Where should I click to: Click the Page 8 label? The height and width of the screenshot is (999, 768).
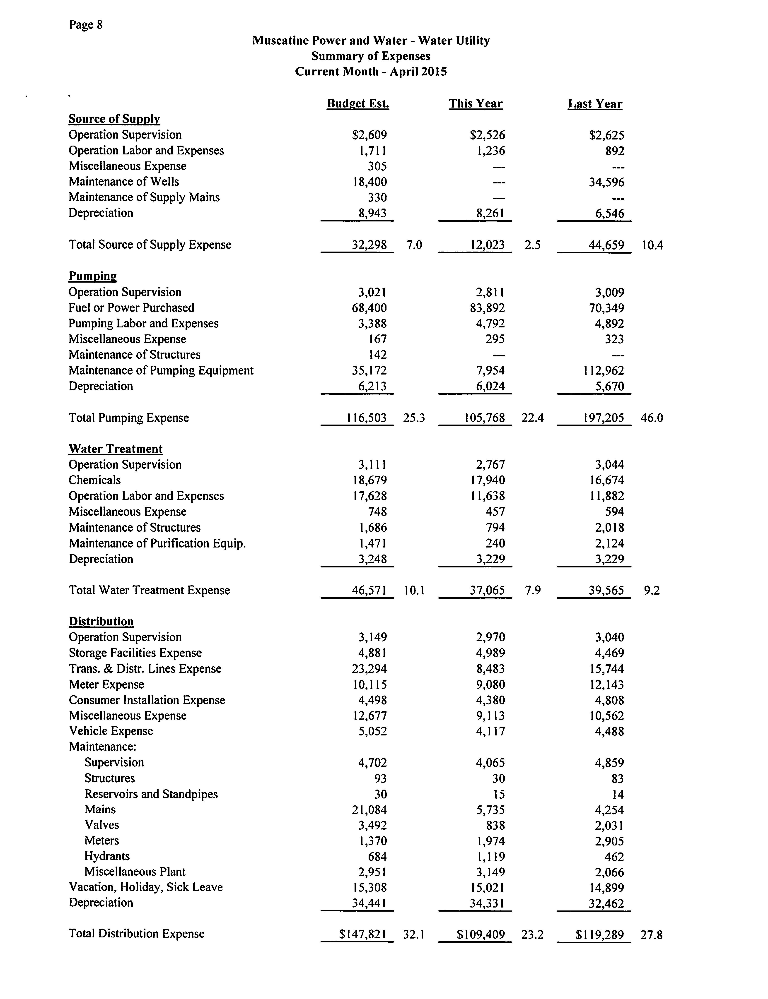tap(86, 25)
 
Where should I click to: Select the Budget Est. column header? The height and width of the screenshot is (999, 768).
tap(358, 104)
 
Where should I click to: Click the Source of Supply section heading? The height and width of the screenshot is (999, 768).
tap(114, 119)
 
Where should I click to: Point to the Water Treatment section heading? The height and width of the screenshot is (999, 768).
tap(116, 449)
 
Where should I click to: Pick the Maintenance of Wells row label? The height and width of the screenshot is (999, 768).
tap(124, 182)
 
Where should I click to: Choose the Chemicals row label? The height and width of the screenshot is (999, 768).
tap(95, 480)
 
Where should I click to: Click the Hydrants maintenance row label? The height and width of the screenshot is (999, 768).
tap(107, 856)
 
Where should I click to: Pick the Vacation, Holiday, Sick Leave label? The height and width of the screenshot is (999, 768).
tap(146, 887)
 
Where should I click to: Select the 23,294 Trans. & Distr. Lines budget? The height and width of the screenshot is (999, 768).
tap(369, 669)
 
